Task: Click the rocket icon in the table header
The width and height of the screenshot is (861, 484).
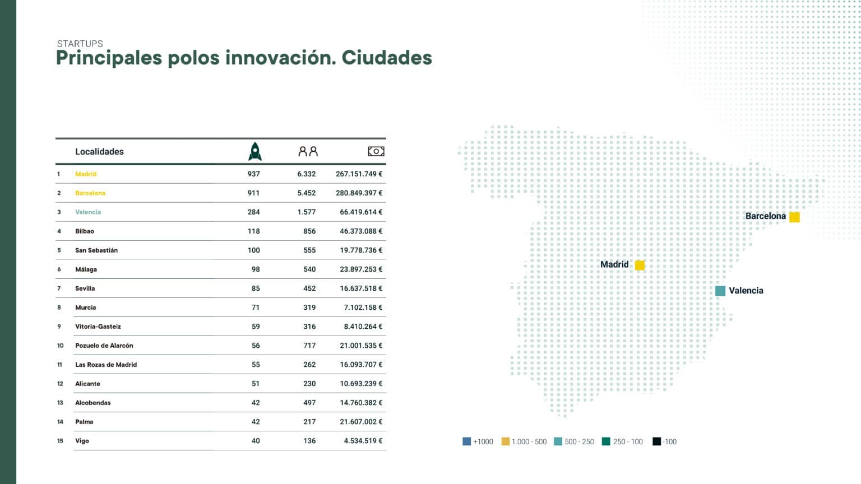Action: click(x=255, y=151)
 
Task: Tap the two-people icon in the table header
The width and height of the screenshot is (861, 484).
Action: click(x=308, y=151)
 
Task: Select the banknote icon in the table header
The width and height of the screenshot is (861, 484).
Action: click(x=376, y=151)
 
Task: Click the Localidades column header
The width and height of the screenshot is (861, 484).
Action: click(x=99, y=152)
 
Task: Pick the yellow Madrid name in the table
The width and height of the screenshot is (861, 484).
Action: click(x=86, y=174)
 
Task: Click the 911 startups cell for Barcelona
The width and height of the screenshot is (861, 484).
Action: click(x=253, y=193)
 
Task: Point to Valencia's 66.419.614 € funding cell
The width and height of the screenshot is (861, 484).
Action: click(x=361, y=212)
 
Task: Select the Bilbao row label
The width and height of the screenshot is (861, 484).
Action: click(x=85, y=231)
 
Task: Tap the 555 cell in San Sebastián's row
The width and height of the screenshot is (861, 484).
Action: click(x=309, y=250)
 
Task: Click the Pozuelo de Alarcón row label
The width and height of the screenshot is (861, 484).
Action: click(x=104, y=346)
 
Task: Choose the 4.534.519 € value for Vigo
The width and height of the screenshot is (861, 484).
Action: click(x=363, y=441)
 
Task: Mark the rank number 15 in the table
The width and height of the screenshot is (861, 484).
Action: click(x=60, y=441)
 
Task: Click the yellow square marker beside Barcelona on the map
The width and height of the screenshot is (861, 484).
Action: click(x=794, y=217)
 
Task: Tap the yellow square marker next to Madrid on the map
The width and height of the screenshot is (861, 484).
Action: click(x=640, y=265)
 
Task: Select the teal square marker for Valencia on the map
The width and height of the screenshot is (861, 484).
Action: click(x=720, y=291)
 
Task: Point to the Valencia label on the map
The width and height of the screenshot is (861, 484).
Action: click(x=746, y=291)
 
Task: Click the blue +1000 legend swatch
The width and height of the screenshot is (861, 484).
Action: click(x=466, y=441)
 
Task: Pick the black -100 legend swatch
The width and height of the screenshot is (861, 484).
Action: click(x=656, y=441)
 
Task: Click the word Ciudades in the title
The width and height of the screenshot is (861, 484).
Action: click(x=387, y=58)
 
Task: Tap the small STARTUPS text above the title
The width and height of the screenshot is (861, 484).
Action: click(x=80, y=44)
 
